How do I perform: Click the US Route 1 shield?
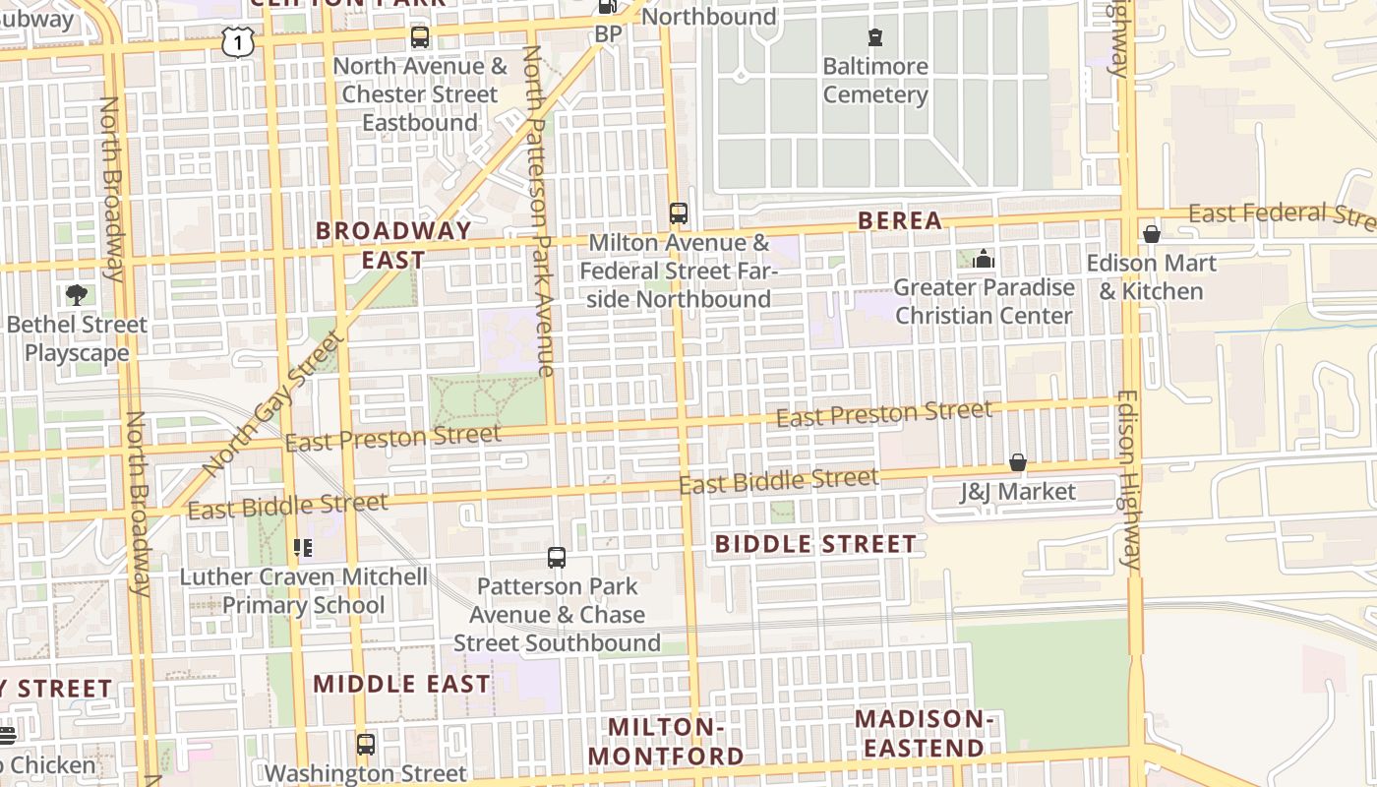[236, 42]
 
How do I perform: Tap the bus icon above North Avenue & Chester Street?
[420, 37]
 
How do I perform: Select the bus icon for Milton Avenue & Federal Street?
[679, 212]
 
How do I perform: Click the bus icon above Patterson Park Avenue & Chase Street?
[557, 558]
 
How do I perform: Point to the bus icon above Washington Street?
[366, 744]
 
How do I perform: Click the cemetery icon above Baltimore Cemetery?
[874, 38]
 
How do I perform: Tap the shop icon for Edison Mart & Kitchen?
[1151, 234]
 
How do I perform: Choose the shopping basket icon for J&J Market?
[1018, 462]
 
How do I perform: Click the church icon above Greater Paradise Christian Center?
[984, 259]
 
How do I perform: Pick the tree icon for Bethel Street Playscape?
[77, 295]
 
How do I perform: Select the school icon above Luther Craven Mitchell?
[303, 548]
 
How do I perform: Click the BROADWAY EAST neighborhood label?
[393, 245]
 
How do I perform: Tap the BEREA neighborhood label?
[900, 221]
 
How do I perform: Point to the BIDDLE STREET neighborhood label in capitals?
[815, 544]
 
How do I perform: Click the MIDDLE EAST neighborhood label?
[401, 684]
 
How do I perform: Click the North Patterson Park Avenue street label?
[540, 212]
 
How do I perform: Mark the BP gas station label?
[609, 34]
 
